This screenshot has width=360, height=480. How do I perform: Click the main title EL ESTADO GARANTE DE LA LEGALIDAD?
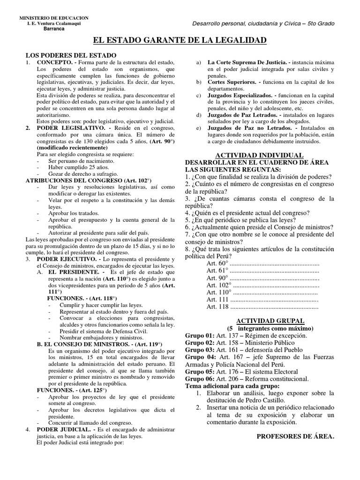[x=180, y=41]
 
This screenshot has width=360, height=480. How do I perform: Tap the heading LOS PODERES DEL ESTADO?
[x=70, y=55]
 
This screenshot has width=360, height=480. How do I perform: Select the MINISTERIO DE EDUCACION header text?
[x=53, y=17]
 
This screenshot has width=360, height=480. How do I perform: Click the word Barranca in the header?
[x=54, y=29]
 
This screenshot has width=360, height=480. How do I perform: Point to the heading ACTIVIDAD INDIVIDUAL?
[x=259, y=155]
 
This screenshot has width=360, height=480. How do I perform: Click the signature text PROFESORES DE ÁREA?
[x=295, y=436]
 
